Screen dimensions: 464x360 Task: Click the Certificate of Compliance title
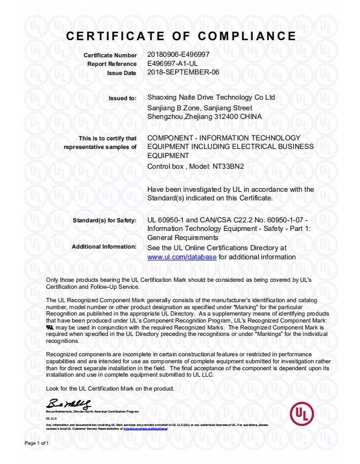point(181,36)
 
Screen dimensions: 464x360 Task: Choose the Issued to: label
point(123,99)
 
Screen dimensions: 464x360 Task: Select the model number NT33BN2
point(228,166)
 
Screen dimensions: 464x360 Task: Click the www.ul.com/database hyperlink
point(182,257)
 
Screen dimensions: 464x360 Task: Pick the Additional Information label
point(104,247)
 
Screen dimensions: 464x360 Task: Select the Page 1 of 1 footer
point(37,444)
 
